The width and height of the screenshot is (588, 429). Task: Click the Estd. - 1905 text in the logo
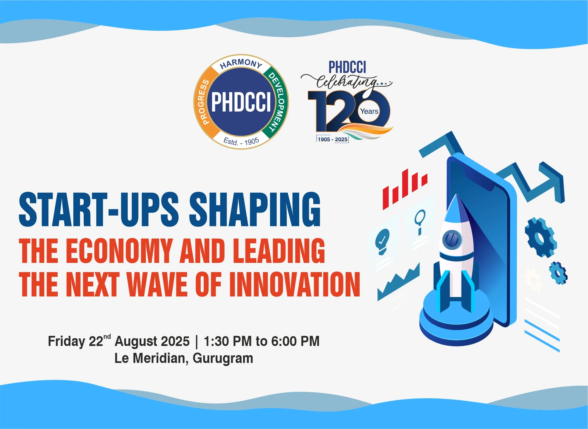[x=241, y=141]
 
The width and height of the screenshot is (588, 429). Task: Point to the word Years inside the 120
[x=369, y=111]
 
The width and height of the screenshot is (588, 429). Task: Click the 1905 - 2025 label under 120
[x=332, y=139]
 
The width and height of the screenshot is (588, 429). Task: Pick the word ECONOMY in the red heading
[x=119, y=251]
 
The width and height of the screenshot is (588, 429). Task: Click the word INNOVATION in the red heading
[x=295, y=284]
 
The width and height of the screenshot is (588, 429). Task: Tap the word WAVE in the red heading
[x=157, y=284]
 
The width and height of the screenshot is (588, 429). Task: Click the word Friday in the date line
[x=66, y=341]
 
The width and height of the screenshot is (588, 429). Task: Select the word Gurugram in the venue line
[x=223, y=358]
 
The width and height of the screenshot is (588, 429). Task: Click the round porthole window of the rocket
[x=452, y=239]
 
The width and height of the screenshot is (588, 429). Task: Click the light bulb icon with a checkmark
[x=382, y=240]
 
